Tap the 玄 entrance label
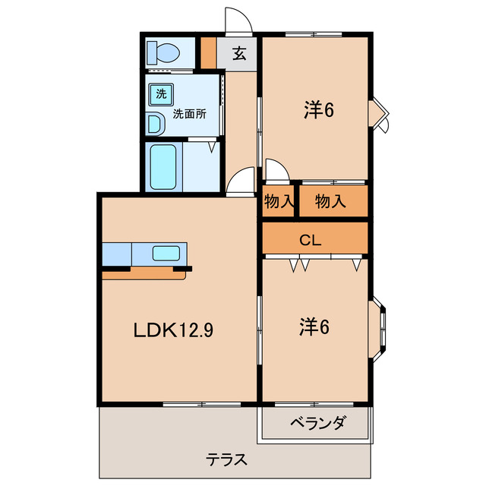point(239,54)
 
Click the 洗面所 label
point(189,115)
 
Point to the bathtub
point(163,167)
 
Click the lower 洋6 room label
point(314,327)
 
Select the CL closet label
point(310,240)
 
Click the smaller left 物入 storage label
point(279,201)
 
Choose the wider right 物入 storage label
point(330,201)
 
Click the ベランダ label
point(317,423)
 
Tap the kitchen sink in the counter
point(166,253)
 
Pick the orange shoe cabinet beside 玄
point(207,53)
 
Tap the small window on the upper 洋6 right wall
point(379,111)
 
